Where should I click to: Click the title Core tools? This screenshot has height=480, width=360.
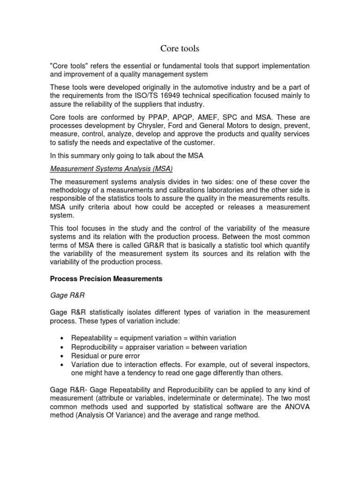pos(180,48)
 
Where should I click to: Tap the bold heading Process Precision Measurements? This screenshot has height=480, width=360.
pos(106,278)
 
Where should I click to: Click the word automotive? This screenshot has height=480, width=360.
pos(205,87)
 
